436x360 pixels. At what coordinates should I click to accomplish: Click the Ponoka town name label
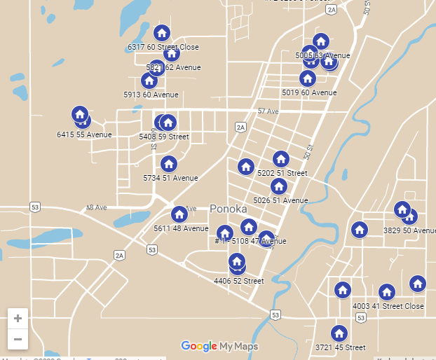click(x=228, y=209)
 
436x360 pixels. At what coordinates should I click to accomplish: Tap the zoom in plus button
click(x=18, y=318)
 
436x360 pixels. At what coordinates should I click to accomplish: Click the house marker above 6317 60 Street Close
click(x=162, y=33)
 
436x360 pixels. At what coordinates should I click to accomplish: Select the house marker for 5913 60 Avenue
click(x=149, y=81)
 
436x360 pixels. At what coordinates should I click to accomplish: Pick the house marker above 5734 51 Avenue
click(x=168, y=164)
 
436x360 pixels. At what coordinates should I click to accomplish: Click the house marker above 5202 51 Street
click(x=281, y=159)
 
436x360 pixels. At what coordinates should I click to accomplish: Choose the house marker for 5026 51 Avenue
click(x=279, y=186)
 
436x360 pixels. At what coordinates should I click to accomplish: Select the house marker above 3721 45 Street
click(x=339, y=333)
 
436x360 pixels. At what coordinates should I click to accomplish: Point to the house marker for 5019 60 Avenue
click(x=308, y=78)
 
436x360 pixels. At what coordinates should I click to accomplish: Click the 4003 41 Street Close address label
click(x=388, y=306)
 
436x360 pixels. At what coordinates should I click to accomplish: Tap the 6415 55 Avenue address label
click(x=84, y=134)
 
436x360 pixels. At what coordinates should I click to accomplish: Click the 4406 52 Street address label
click(x=238, y=281)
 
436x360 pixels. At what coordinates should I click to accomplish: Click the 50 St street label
click(x=309, y=150)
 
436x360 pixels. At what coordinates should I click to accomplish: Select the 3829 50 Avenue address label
click(x=410, y=230)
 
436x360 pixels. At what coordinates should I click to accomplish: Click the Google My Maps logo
click(x=219, y=346)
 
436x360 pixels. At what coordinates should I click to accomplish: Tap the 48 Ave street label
click(x=96, y=208)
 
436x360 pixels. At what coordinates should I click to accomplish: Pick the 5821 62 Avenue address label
click(x=173, y=67)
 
